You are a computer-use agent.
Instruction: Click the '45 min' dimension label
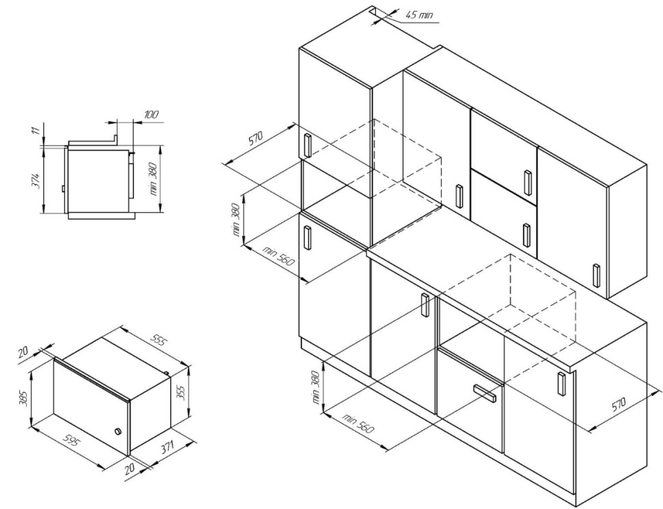(x=420, y=15)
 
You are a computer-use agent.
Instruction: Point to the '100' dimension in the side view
(x=151, y=114)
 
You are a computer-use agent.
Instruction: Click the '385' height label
(x=24, y=397)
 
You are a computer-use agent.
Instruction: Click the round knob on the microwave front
(x=118, y=432)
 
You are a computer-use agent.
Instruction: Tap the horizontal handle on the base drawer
(x=485, y=393)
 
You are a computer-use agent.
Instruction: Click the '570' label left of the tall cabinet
(x=256, y=138)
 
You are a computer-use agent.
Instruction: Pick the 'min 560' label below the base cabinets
(x=358, y=423)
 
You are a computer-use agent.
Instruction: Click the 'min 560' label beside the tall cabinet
(x=278, y=255)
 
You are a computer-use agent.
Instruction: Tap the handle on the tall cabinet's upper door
(x=308, y=145)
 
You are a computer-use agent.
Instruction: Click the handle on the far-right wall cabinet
(x=596, y=276)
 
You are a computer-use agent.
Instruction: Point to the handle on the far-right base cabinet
(x=562, y=384)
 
